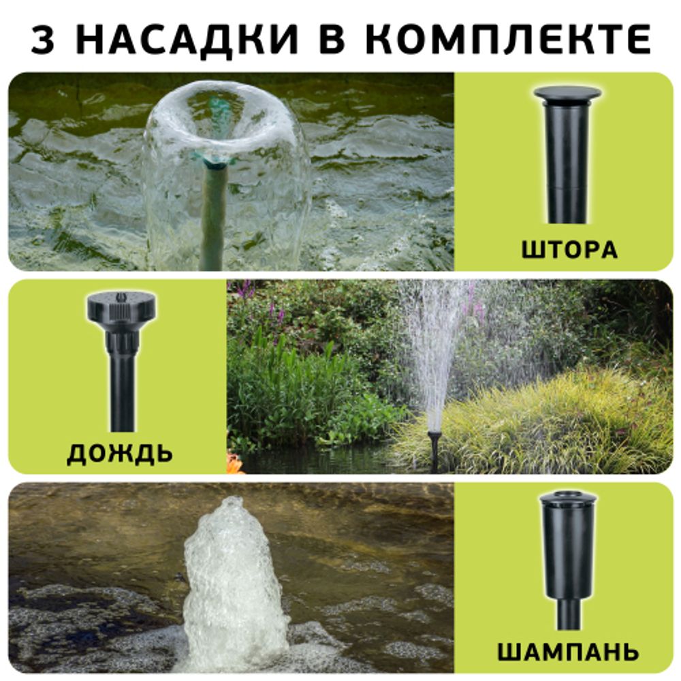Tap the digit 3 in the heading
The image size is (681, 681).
(43, 40)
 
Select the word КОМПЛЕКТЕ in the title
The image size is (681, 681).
(508, 40)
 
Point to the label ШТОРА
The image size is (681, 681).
(569, 249)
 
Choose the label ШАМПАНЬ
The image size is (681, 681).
(568, 651)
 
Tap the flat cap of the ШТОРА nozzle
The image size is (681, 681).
(567, 93)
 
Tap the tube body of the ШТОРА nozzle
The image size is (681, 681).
(565, 163)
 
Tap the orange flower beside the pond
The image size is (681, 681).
(235, 464)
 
